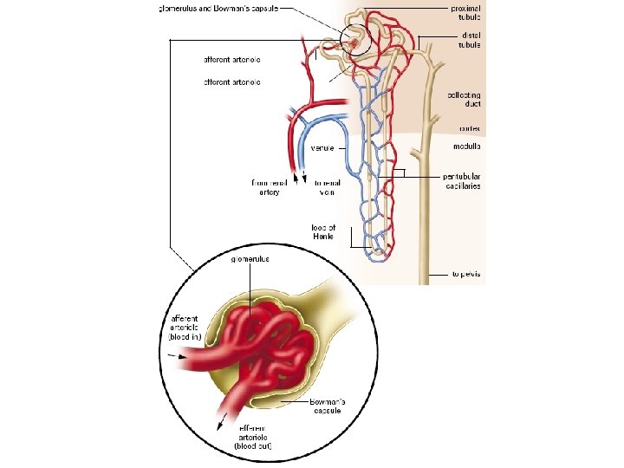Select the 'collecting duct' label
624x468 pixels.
coord(465,100)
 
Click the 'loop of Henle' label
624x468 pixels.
coord(323,232)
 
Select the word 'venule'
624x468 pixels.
coord(323,146)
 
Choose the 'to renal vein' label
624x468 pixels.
coord(328,187)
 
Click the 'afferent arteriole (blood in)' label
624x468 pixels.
coord(185,329)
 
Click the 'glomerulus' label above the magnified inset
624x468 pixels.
coord(250,258)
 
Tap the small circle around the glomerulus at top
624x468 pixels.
coord(355,40)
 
